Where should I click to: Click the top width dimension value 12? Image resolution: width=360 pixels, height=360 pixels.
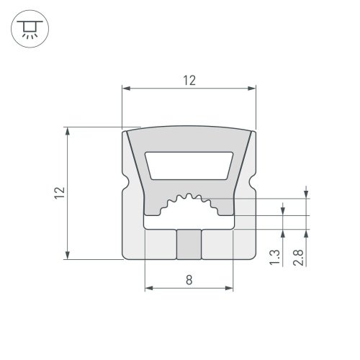(x=189, y=81)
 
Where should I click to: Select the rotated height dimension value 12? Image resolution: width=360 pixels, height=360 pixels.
(x=60, y=192)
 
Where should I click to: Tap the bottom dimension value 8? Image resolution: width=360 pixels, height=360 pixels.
(x=189, y=282)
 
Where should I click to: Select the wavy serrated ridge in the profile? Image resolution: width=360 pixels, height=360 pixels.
(x=189, y=201)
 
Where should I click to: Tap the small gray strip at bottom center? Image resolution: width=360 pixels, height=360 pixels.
(x=189, y=245)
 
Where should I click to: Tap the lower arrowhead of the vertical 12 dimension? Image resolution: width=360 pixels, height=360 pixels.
(x=68, y=255)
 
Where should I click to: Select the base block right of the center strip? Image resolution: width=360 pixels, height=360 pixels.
(x=219, y=245)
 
